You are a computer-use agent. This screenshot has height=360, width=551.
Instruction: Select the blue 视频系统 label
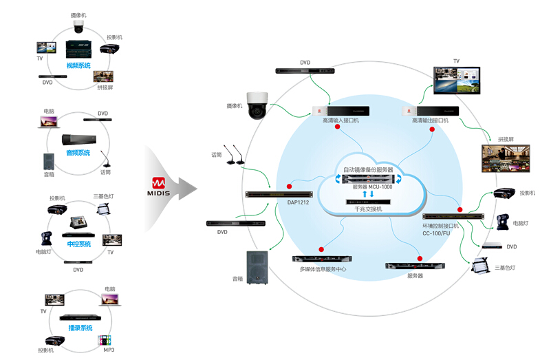coord(78,65)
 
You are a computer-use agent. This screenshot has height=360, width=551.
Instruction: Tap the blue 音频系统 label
coord(78,153)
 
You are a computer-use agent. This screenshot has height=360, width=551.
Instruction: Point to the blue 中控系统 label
coord(78,244)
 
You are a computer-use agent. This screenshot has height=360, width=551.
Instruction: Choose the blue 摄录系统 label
coord(80,328)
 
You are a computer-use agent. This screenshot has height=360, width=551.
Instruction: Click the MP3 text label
coord(109,350)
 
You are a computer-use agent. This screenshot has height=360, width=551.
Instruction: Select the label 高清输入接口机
coord(341,120)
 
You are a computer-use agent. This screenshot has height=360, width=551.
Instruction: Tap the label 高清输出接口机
coord(430,120)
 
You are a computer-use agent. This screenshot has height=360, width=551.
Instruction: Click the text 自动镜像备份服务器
coord(368,169)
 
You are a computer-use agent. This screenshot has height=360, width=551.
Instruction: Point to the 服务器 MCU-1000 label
coord(368,187)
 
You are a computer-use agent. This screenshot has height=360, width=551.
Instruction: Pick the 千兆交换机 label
coord(368,209)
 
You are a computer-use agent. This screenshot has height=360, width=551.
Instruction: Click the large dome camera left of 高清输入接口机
coord(258,104)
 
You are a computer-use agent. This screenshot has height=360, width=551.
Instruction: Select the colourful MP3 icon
coord(105,339)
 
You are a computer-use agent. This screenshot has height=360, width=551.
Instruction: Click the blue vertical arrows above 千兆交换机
coord(367,195)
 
